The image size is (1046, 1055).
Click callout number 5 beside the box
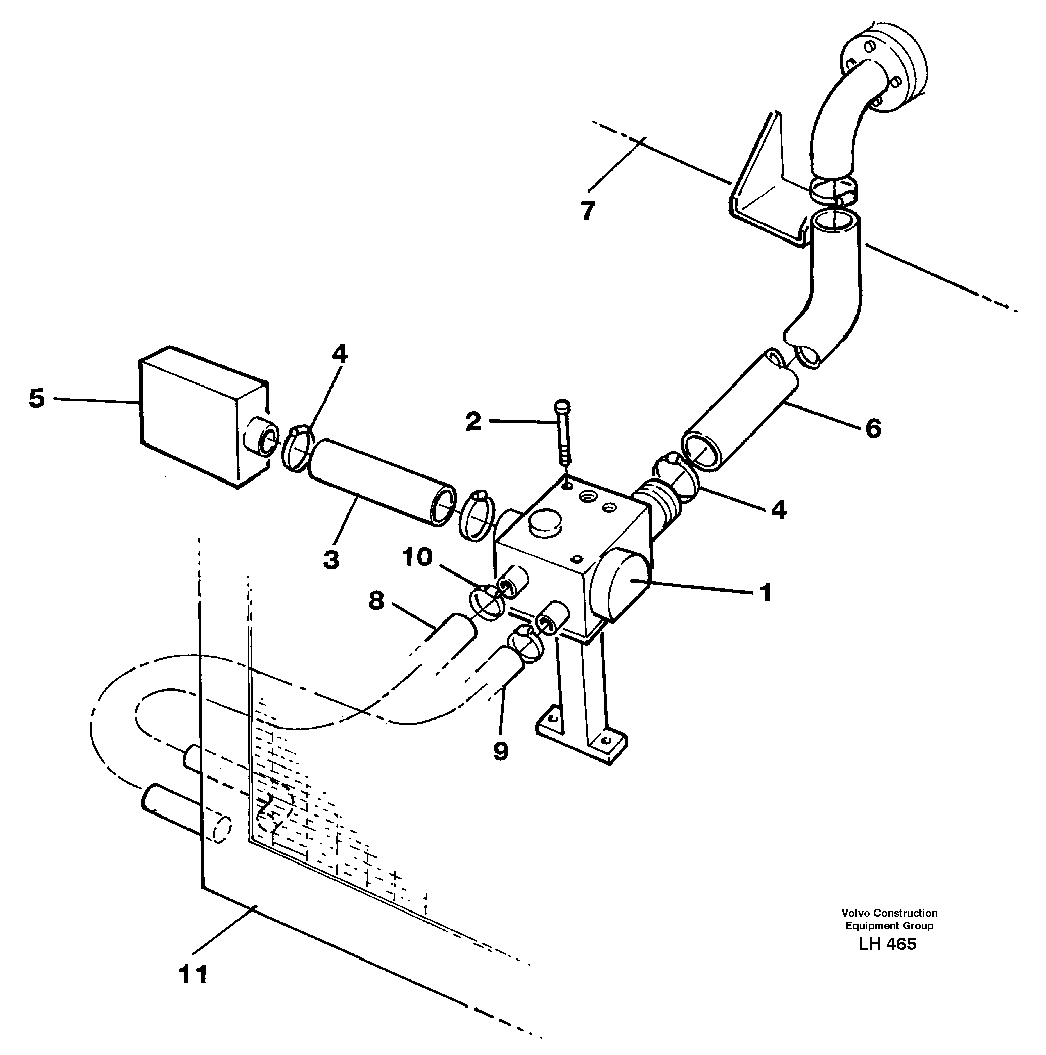point(36,399)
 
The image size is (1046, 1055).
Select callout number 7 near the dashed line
point(587,210)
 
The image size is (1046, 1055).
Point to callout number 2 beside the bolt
point(473,421)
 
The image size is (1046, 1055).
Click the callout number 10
point(417,557)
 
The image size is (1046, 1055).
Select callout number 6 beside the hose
point(873,428)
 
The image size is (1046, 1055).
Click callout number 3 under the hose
point(331,560)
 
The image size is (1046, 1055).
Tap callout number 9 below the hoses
point(500,751)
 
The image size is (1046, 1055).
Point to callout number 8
point(376,601)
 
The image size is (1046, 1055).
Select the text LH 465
point(887,944)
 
